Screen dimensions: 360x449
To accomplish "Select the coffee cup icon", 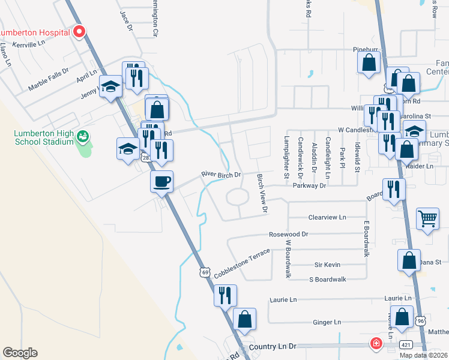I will pyautogui.click(x=161, y=181).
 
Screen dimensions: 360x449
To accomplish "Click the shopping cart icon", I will pyautogui.click(x=427, y=219).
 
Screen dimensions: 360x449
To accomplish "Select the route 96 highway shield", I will pyautogui.click(x=421, y=322).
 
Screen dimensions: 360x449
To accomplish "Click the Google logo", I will pyautogui.click(x=20, y=353).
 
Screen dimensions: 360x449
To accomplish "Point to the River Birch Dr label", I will pyautogui.click(x=220, y=175).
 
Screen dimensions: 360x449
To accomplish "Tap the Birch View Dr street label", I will pyautogui.click(x=262, y=192).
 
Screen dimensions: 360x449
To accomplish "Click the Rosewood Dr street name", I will pyautogui.click(x=288, y=234).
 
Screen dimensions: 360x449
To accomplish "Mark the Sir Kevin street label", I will pyautogui.click(x=327, y=265).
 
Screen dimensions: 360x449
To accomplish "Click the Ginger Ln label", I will pyautogui.click(x=327, y=322).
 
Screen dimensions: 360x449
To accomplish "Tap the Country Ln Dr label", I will pyautogui.click(x=270, y=347).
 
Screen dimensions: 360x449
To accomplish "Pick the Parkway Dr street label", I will pyautogui.click(x=309, y=186).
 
